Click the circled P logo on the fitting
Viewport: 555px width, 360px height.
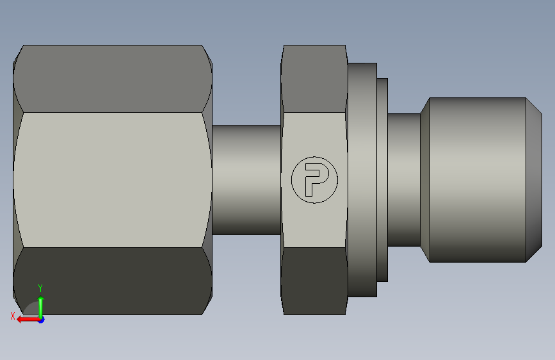pyautogui.click(x=314, y=180)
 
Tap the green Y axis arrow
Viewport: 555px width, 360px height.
pyautogui.click(x=41, y=307)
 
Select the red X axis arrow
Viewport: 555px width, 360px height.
pyautogui.click(x=28, y=320)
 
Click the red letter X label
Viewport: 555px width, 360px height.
pyautogui.click(x=13, y=316)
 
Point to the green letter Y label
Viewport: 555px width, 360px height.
pyautogui.click(x=40, y=288)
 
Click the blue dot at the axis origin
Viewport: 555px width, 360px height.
pyautogui.click(x=42, y=320)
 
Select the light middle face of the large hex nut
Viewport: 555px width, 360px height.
pyautogui.click(x=113, y=180)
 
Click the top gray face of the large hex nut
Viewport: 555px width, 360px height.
pyautogui.click(x=113, y=79)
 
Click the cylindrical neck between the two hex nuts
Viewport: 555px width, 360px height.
pyautogui.click(x=246, y=179)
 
